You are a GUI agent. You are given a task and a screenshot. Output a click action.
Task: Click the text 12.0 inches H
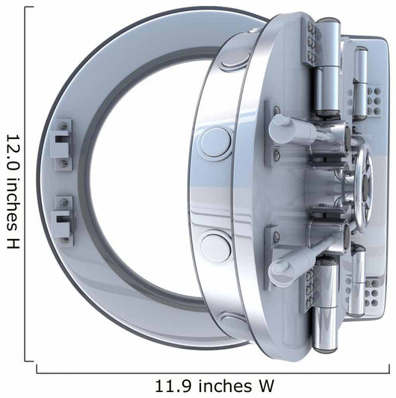click(13, 192)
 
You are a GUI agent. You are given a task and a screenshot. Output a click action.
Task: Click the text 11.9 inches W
click(214, 386)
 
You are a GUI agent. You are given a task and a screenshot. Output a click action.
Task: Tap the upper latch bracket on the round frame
click(62, 145)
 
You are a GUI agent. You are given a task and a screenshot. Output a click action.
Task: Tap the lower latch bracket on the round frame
click(62, 221)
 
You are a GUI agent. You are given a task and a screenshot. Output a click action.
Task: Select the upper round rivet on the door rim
click(216, 142)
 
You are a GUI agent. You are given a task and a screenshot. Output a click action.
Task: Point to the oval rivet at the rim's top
click(234, 61)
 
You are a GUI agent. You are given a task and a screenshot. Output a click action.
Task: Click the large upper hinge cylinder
click(327, 68)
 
